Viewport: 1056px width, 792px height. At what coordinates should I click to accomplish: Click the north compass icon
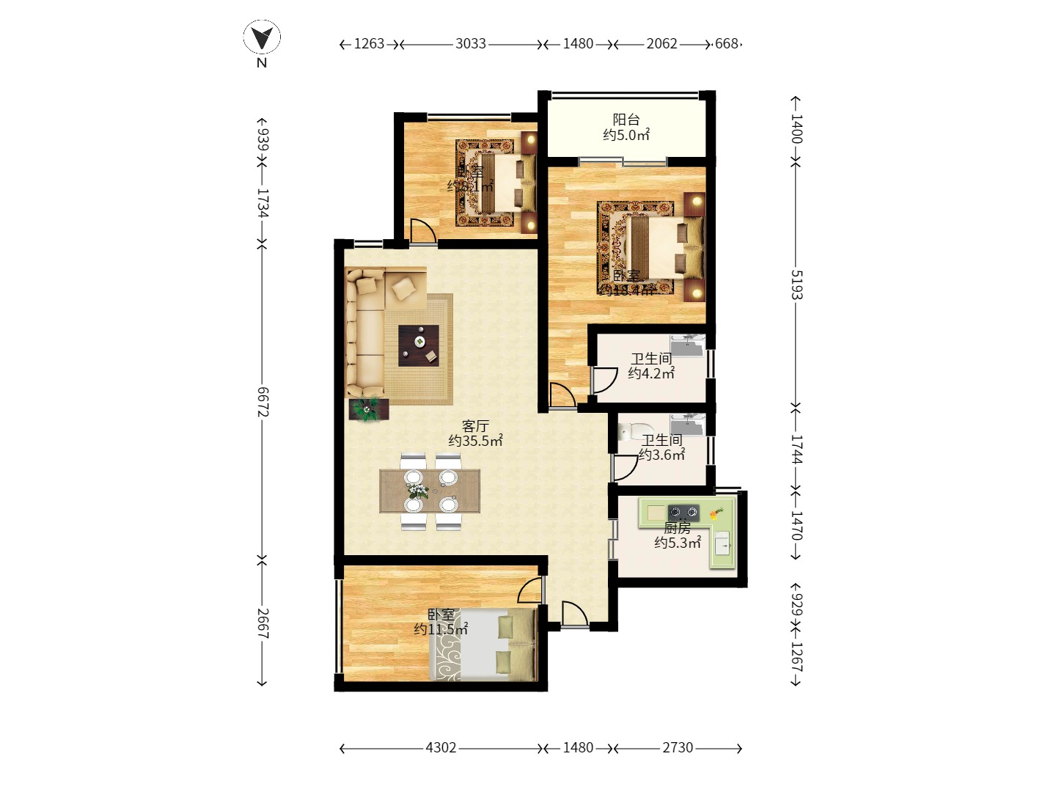[x=262, y=37]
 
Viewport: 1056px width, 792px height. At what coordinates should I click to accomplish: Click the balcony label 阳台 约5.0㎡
[x=626, y=128]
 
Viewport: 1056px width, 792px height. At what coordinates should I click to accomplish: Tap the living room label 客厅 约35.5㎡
[x=475, y=433]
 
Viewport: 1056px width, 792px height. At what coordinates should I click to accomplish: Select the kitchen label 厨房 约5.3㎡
[x=678, y=535]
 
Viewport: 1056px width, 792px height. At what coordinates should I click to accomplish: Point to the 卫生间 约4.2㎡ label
[x=651, y=366]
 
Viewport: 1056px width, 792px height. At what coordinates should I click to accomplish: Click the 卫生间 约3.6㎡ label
[x=661, y=447]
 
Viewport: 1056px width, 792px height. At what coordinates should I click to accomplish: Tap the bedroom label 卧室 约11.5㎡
[x=441, y=622]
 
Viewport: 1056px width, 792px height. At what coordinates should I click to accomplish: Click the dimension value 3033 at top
[x=471, y=44]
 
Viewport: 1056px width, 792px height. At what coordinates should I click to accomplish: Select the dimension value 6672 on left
[x=263, y=402]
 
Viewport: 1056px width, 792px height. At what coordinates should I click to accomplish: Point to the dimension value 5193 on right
[x=796, y=285]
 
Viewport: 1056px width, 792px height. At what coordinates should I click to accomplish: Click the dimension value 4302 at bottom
[x=441, y=748]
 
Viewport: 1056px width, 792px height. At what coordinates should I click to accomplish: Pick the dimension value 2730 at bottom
[x=678, y=748]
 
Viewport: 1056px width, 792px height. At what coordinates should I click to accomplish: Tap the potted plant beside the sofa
[x=366, y=408]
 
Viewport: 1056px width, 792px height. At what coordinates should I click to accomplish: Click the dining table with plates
[x=430, y=491]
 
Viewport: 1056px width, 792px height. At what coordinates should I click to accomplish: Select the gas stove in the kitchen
[x=683, y=512]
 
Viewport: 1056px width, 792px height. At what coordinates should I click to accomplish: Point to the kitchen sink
[x=722, y=546]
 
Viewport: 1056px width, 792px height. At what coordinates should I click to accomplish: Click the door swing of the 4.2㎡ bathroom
[x=604, y=381]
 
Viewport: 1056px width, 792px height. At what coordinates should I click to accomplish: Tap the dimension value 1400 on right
[x=796, y=129]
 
